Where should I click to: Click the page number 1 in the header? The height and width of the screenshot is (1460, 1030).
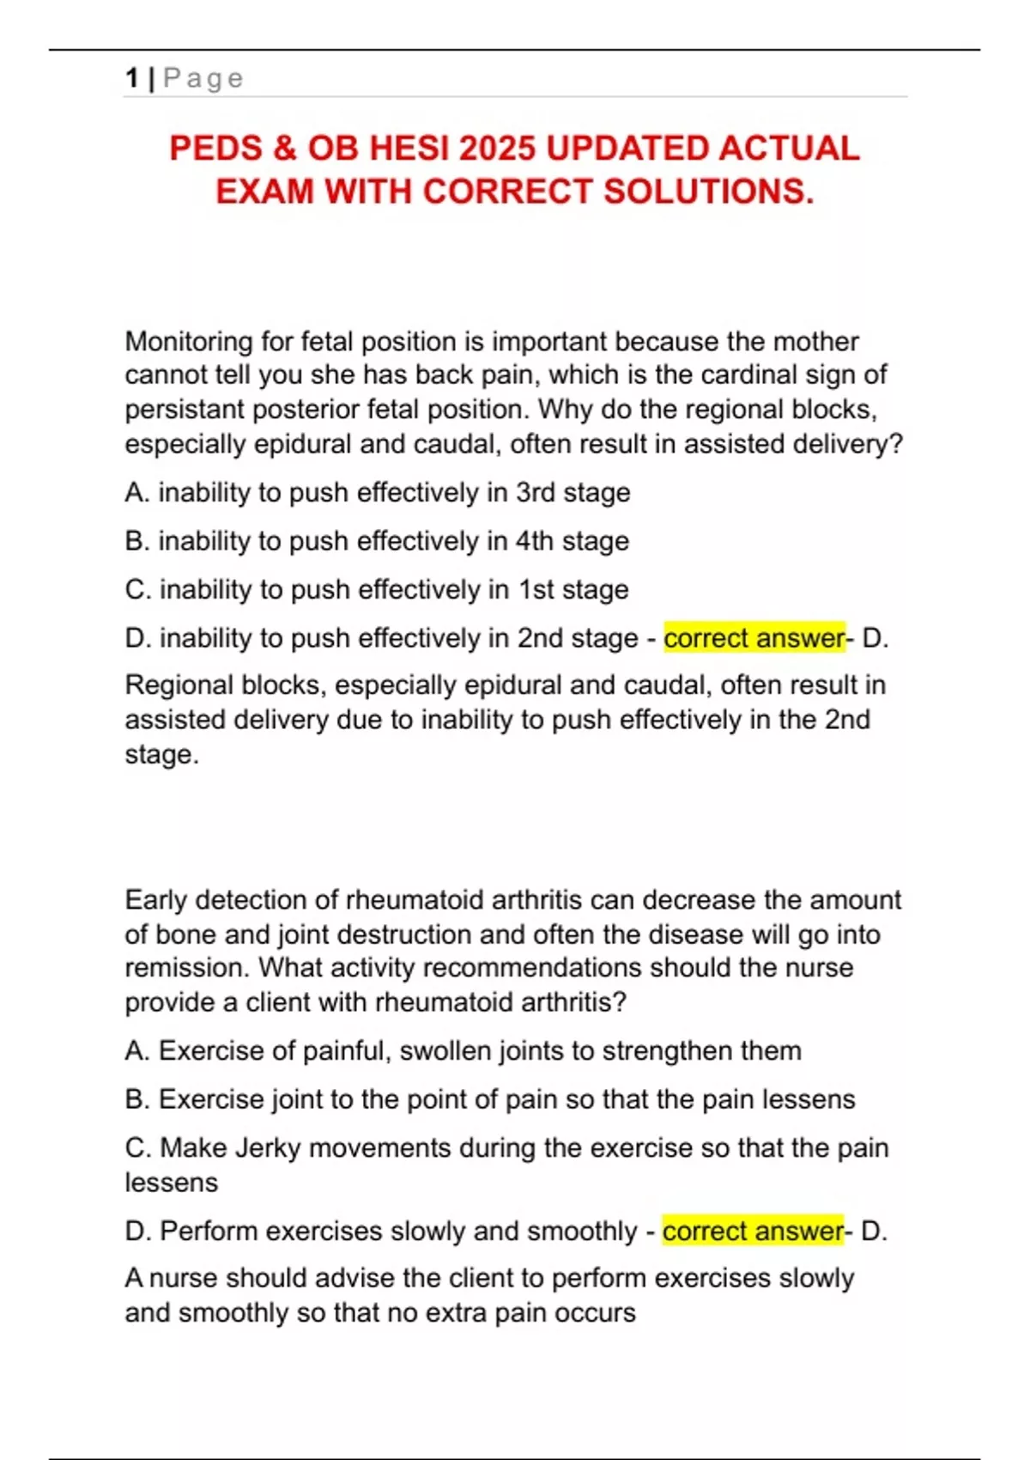pos(131,78)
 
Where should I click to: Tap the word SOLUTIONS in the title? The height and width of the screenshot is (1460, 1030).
pos(707,192)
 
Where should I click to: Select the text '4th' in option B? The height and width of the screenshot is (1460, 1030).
pos(534,541)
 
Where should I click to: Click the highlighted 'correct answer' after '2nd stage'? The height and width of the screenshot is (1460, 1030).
pos(754,638)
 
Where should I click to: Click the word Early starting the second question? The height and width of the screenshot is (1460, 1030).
pos(156,900)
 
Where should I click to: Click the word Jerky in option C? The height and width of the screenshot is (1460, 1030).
pos(268,1148)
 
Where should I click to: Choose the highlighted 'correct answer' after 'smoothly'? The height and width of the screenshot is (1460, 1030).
pos(753,1232)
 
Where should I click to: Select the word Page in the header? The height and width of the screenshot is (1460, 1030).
pos(203,78)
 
